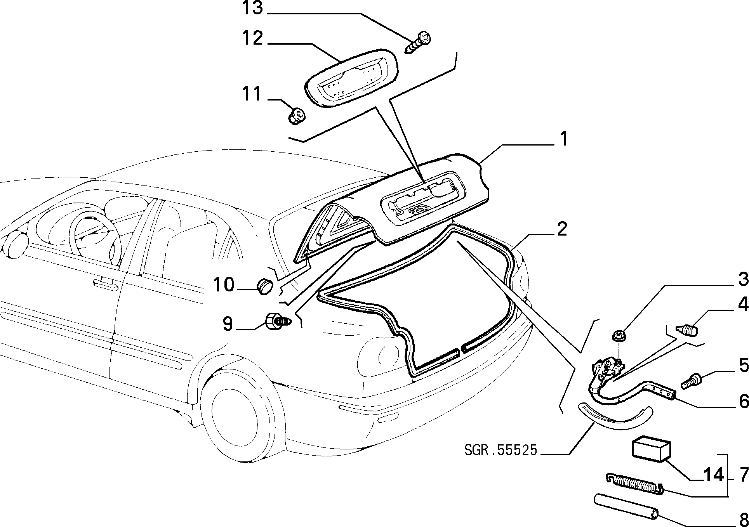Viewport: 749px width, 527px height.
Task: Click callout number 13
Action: click(x=253, y=8)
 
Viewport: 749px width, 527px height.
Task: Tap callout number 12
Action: click(x=253, y=38)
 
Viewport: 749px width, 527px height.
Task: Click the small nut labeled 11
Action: click(x=297, y=115)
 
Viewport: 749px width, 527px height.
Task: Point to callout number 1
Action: click(x=563, y=139)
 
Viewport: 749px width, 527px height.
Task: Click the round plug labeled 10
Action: click(x=266, y=286)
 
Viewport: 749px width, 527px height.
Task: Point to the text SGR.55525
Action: click(x=500, y=450)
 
